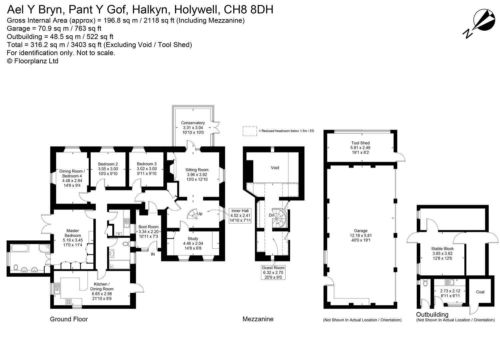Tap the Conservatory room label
tap(193, 128)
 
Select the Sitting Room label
tap(197, 175)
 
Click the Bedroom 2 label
tap(108, 169)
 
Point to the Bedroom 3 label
tap(147, 169)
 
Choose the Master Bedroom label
tap(73, 235)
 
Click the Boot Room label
tap(148, 231)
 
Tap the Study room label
tap(193, 243)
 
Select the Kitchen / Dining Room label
tap(102, 289)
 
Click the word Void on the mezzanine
tap(275, 168)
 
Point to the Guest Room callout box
tap(273, 272)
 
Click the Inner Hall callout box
tap(240, 215)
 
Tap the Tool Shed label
tap(360, 148)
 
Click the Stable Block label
tap(442, 253)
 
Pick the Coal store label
tap(480, 292)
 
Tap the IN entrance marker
tap(153, 254)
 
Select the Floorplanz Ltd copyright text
tap(33, 61)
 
